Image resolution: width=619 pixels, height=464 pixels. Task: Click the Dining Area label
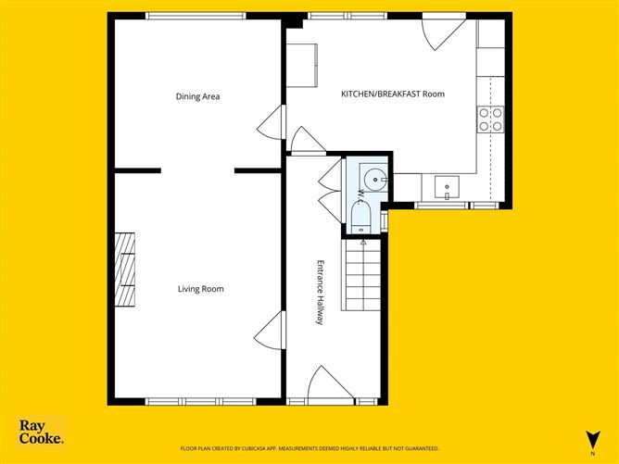pos(197,96)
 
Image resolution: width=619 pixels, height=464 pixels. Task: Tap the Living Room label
pos(200,289)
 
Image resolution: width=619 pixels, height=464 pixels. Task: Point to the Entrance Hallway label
pos(320,291)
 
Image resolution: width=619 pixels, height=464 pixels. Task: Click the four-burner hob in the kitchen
pos(490,119)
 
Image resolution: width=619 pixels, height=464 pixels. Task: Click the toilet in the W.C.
pos(360,219)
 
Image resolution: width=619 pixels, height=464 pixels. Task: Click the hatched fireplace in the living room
pos(125,270)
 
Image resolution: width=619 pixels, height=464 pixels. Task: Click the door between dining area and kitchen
pos(271,122)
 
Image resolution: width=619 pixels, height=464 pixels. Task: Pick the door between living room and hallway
pos(271,330)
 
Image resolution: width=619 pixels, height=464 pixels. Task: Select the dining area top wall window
pos(196,15)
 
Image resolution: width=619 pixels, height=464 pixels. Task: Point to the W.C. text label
pos(360,196)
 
